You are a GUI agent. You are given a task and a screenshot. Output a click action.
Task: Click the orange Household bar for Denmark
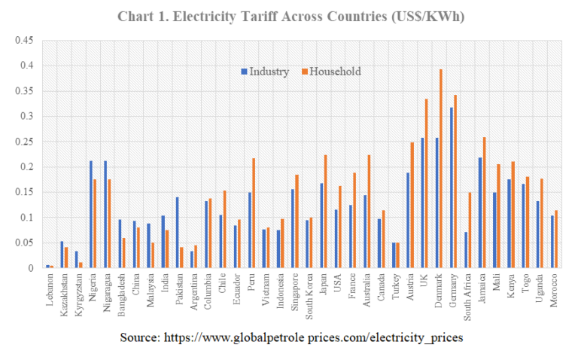click(x=441, y=169)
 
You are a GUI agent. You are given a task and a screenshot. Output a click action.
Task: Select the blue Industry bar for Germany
click(x=451, y=188)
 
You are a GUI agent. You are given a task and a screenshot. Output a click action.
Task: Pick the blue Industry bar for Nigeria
click(x=91, y=214)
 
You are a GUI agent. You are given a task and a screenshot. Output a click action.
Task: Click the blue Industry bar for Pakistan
click(x=177, y=233)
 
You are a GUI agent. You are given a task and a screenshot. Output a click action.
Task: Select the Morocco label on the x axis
click(x=555, y=291)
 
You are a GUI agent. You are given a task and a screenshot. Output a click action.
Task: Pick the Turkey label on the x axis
click(x=395, y=286)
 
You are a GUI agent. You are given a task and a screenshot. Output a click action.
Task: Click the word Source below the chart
click(x=139, y=338)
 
